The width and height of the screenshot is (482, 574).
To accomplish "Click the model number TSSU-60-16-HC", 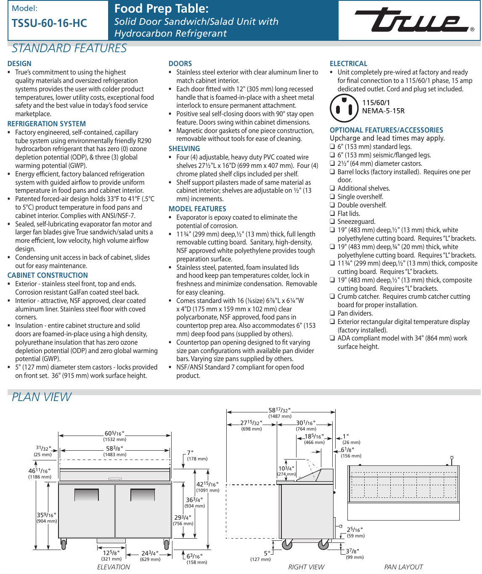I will coord(49,23).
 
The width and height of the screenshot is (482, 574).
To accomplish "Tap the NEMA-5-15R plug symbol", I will coord(344,108).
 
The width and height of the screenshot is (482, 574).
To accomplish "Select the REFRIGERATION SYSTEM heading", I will coord(47,124).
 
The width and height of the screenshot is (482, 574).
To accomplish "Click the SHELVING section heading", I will coord(184,149).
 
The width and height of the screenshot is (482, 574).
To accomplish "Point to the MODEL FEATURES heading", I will coord(197,209).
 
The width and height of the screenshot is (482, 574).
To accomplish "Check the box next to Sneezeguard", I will coord(332,222).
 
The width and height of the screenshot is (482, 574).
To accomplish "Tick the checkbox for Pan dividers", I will coord(332,314).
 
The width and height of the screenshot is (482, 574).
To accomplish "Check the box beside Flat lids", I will coord(332,213).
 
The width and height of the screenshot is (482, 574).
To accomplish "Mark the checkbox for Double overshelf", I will coord(332,205).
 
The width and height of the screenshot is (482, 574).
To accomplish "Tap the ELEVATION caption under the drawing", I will coord(114,567).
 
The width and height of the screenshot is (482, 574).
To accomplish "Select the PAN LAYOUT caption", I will coord(403,567).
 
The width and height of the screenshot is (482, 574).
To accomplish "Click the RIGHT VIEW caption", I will coord(306,567).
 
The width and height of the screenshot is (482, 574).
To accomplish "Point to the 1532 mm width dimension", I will coord(114,439).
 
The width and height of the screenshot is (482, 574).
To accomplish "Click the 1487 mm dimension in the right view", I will coord(280,416).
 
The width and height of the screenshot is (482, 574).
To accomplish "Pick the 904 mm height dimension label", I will coord(46,521).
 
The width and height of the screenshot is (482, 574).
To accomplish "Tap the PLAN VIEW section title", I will coord(42,397).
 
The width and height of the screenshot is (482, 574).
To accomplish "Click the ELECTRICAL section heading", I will coord(348,64).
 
